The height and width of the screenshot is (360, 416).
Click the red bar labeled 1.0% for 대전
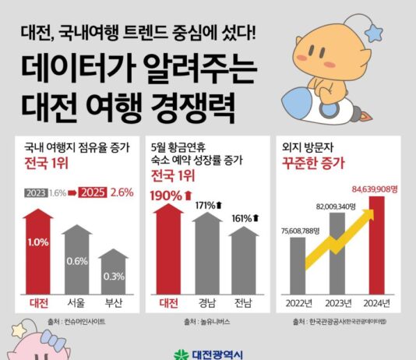tap(37, 249)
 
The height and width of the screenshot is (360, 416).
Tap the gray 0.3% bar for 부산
tap(114, 273)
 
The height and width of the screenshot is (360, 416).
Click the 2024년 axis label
tap(375, 302)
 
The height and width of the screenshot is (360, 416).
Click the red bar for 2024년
tap(376, 249)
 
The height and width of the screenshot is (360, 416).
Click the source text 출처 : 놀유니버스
tap(206, 321)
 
